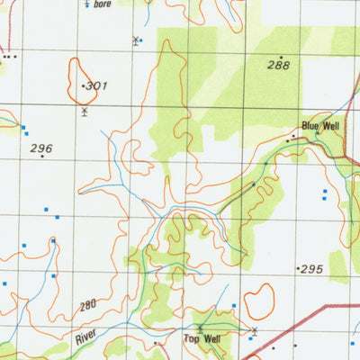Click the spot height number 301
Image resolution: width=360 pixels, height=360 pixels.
click(x=97, y=86)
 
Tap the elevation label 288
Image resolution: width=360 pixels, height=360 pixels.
click(x=278, y=65)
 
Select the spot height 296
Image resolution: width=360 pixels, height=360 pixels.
click(x=41, y=148)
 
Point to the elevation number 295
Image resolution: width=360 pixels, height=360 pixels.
click(x=311, y=269)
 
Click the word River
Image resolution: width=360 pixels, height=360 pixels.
click(x=85, y=338)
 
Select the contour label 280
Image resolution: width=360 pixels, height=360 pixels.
click(x=87, y=307)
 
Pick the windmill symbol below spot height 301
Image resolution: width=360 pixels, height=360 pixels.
click(x=84, y=112)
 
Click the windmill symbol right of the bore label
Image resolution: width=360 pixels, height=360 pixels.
click(x=136, y=40)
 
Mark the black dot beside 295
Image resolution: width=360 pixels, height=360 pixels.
click(x=298, y=269)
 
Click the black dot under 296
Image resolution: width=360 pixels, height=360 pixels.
click(x=41, y=157)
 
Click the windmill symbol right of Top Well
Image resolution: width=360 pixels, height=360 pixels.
click(x=254, y=331)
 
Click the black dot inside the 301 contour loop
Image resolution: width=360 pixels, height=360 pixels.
click(x=83, y=85)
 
